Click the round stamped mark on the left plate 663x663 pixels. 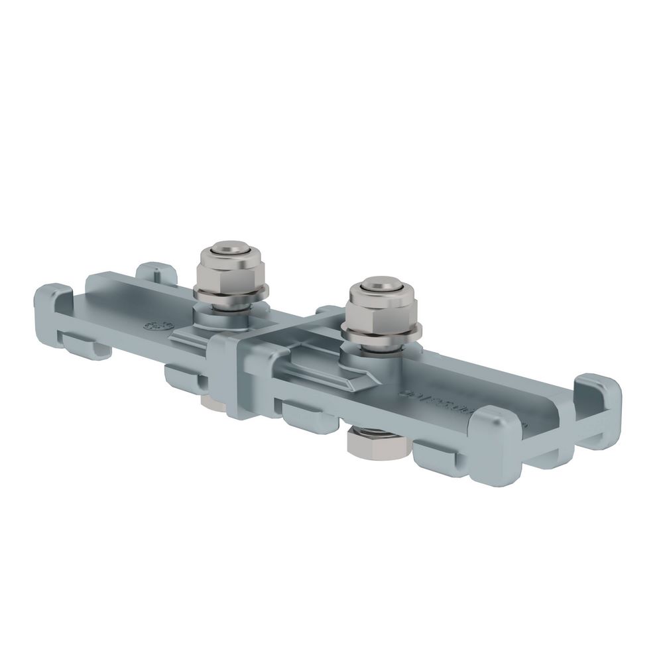[x=156, y=326]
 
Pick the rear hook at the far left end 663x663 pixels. [x=155, y=272]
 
